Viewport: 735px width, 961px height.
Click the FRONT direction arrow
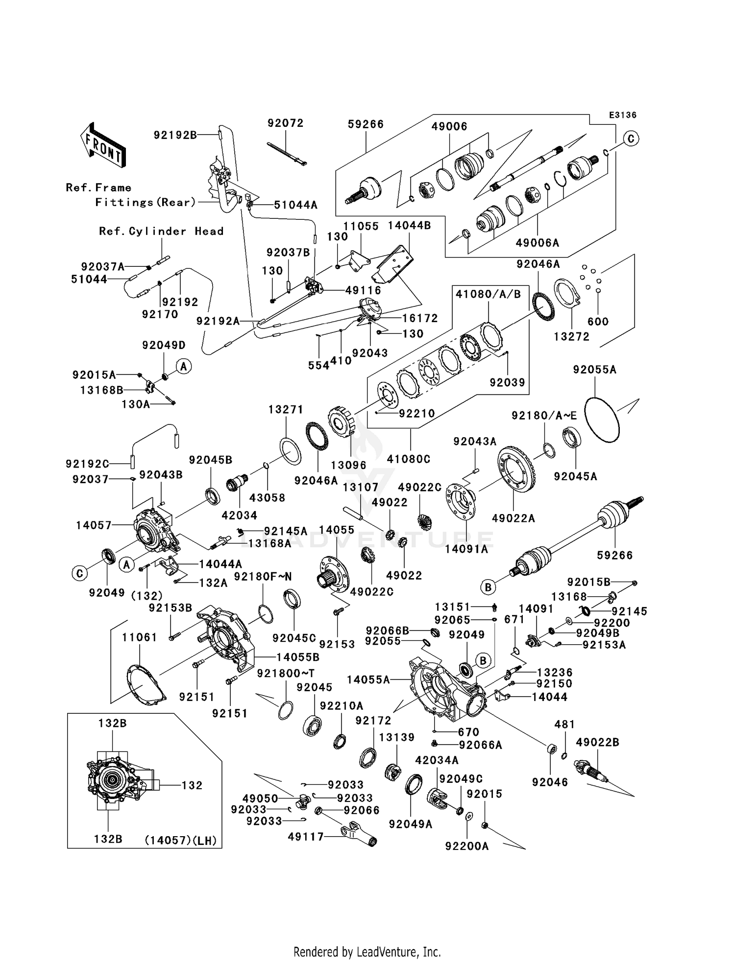pos(103,145)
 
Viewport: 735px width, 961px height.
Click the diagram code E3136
pos(623,115)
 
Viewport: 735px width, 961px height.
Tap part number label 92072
pos(286,123)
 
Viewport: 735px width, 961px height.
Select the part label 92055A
pos(595,370)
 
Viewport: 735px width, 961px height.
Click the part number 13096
pos(348,465)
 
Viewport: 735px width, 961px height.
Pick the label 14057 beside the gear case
pos(94,525)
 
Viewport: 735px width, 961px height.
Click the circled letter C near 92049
pos(79,573)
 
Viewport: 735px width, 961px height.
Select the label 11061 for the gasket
pos(140,637)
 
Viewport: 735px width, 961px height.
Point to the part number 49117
pos(306,837)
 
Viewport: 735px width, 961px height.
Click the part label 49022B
pos(598,742)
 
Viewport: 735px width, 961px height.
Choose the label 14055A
pos(368,680)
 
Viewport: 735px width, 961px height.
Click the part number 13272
pos(572,336)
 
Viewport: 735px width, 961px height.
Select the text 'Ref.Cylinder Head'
pos(161,231)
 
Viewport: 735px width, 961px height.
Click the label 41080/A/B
pos(488,294)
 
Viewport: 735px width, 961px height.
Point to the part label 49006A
pos(538,242)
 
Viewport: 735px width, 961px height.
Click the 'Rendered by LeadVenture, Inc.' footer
pos(367,951)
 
